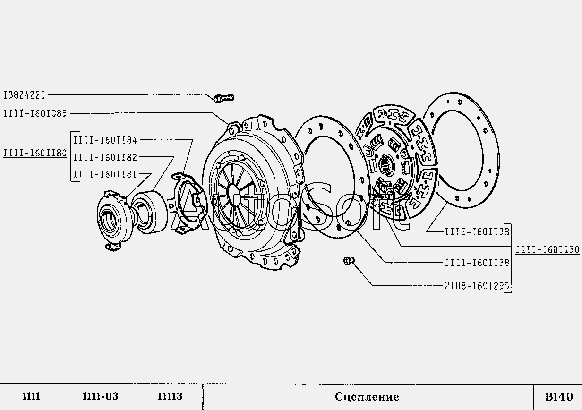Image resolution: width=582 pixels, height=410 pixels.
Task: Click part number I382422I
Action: pyautogui.click(x=24, y=95)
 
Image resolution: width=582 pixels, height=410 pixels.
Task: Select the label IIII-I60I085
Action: pyautogui.click(x=35, y=113)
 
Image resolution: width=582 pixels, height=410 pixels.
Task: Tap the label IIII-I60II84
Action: pyautogui.click(x=105, y=140)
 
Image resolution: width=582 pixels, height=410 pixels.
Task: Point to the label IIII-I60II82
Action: pyautogui.click(x=105, y=157)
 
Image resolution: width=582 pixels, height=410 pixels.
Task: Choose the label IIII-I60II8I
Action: pyautogui.click(x=105, y=174)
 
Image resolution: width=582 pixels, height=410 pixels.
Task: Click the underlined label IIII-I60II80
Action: pyautogui.click(x=35, y=153)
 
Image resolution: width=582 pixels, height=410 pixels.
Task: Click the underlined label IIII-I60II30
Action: pyautogui.click(x=548, y=250)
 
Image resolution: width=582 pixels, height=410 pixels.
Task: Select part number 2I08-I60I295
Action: pyautogui.click(x=477, y=286)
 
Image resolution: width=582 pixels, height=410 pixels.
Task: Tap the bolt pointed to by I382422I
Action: pyautogui.click(x=224, y=98)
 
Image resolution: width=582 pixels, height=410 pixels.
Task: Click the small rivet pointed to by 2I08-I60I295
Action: pyautogui.click(x=349, y=261)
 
